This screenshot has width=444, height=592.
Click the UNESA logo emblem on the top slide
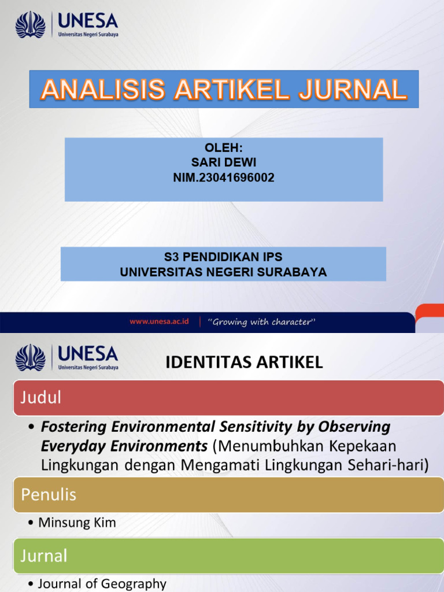pos(30,25)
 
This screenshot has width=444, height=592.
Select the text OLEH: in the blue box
pos(223,149)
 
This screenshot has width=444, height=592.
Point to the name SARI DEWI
pos(223,163)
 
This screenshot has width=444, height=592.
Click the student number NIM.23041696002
pos(223,178)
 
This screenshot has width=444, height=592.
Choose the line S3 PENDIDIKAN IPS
pos(223,257)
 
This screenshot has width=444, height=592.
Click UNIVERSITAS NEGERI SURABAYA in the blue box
pos(223,272)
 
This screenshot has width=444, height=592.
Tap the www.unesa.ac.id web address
pos(159,321)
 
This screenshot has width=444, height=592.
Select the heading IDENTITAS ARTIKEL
pos(244,362)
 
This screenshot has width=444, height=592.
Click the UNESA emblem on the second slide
pos(30,358)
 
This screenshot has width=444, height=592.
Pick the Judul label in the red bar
pos(41,397)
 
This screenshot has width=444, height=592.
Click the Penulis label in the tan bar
pos(49,494)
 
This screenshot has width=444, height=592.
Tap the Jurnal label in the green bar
pos(44,556)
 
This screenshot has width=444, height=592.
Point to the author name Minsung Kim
pos(77,523)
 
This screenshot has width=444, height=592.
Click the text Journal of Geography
pos(102,584)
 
